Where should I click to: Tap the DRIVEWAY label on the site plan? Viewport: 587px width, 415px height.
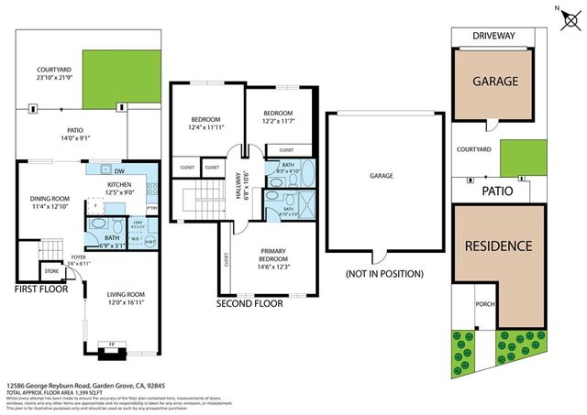pyautogui.click(x=494, y=36)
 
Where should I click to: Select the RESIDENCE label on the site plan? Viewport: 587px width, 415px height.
pyautogui.click(x=498, y=246)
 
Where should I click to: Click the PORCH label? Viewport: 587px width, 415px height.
pyautogui.click(x=485, y=304)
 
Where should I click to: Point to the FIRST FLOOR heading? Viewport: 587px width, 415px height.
pyautogui.click(x=43, y=289)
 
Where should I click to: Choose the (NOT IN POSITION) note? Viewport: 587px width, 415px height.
pyautogui.click(x=384, y=274)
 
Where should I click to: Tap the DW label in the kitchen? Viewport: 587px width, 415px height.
pyautogui.click(x=119, y=171)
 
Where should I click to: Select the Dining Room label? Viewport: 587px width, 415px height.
pyautogui.click(x=50, y=202)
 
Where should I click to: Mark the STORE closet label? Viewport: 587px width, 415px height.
pyautogui.click(x=50, y=270)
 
